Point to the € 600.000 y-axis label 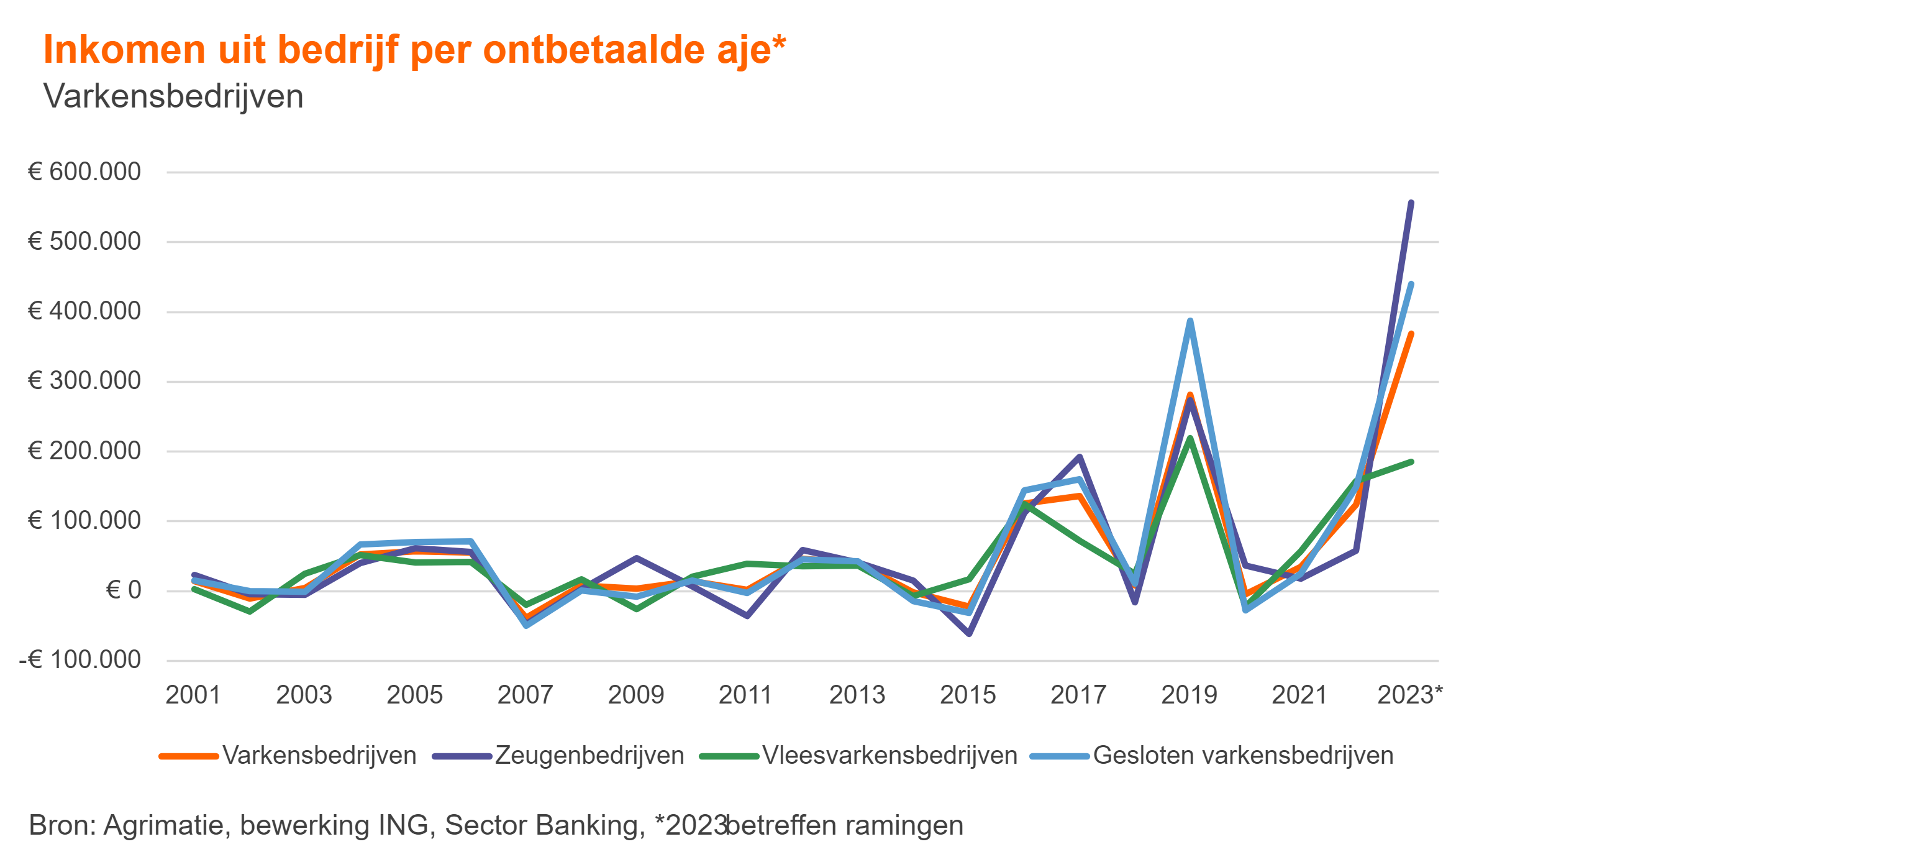pyautogui.click(x=84, y=172)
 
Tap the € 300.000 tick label pyautogui.click(x=84, y=381)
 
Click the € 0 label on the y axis pyautogui.click(x=123, y=590)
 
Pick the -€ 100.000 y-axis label pyautogui.click(x=80, y=660)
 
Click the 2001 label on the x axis pyautogui.click(x=193, y=695)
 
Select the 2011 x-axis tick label pyautogui.click(x=745, y=695)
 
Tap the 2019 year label pyautogui.click(x=1189, y=695)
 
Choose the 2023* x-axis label pyautogui.click(x=1409, y=695)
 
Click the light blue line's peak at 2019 pyautogui.click(x=1190, y=321)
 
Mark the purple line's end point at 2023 pyautogui.click(x=1411, y=203)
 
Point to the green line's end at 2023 pyautogui.click(x=1411, y=462)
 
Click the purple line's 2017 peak pyautogui.click(x=1079, y=457)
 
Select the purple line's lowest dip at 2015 pyautogui.click(x=969, y=634)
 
